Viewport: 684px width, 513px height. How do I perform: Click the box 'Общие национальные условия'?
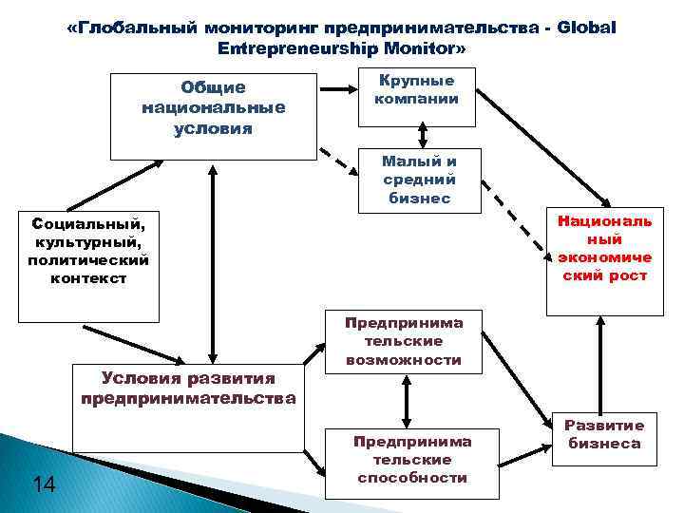[213, 115]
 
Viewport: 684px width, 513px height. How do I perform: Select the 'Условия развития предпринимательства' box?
[187, 408]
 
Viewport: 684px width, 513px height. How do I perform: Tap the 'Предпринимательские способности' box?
[412, 461]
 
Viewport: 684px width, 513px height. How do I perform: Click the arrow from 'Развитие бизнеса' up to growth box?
[599, 365]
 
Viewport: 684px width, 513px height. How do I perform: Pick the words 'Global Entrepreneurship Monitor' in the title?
[342, 47]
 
